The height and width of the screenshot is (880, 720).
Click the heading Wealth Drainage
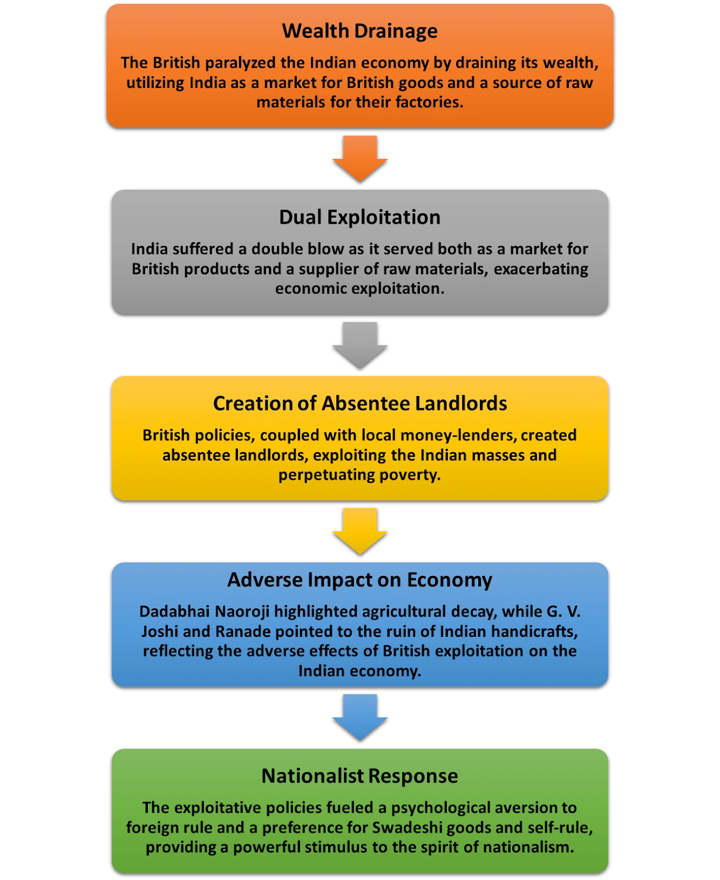click(360, 31)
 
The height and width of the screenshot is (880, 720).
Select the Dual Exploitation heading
click(360, 217)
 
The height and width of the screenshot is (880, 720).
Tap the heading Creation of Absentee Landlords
click(360, 404)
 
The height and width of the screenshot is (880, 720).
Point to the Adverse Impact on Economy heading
click(360, 580)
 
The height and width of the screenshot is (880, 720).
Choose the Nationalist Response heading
click(360, 776)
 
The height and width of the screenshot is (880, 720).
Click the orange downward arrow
click(360, 158)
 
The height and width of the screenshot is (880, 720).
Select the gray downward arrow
click(360, 345)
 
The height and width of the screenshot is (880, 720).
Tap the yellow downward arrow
click(360, 531)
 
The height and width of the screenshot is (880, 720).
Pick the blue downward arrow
click(360, 717)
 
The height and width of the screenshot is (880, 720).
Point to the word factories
click(429, 102)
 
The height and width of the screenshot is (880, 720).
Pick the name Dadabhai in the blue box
click(175, 612)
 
